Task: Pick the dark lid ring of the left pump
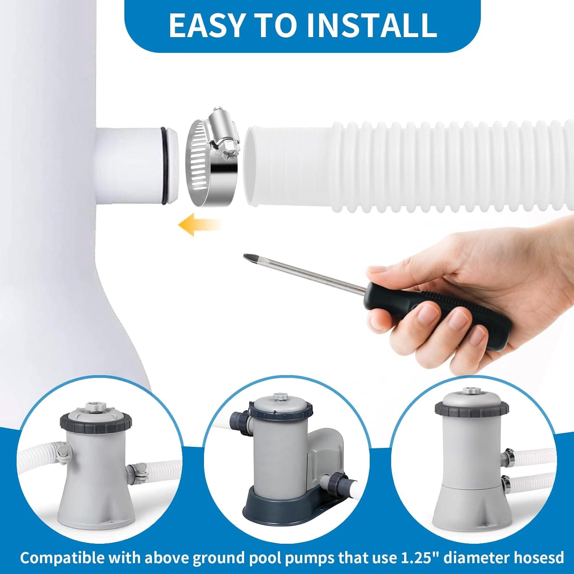(96, 421)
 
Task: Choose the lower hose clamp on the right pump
(506, 483)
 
